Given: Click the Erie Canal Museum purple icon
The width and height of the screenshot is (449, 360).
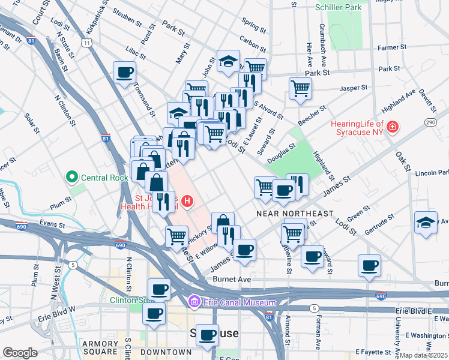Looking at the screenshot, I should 194,302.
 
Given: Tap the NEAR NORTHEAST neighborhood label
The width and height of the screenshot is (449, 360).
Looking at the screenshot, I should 294,214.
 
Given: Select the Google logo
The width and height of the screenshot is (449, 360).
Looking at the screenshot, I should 20,353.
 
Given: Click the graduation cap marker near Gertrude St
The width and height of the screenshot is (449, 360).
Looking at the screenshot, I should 426,221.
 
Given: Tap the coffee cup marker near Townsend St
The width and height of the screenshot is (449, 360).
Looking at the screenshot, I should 125,73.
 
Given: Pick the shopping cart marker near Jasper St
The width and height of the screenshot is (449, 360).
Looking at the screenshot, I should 300,88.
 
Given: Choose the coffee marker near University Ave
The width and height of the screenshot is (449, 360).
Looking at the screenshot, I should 369,264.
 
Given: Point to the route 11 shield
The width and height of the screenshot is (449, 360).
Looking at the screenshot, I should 88,43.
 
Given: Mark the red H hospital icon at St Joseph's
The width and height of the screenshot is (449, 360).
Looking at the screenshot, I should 188,200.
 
